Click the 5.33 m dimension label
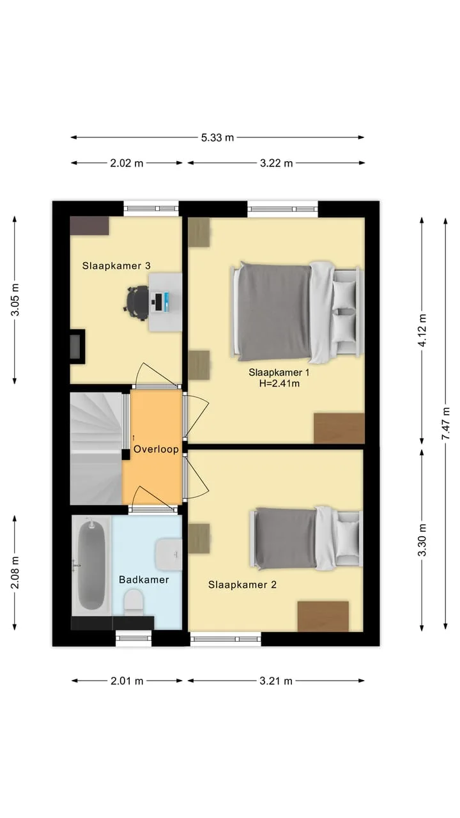pos(217,137)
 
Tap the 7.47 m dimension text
pos(446,424)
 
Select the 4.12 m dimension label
pos(422,330)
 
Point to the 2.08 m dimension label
pos(15,573)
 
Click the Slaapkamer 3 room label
pos(116,266)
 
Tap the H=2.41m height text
pos(279,383)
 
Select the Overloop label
pos(156,449)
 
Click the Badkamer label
pos(144,580)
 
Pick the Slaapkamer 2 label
pos(242,585)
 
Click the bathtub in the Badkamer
pos(91,566)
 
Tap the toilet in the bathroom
pos(134,603)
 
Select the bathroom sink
pos(169,554)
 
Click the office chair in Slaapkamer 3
pos(137,303)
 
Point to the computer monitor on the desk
pos(158,302)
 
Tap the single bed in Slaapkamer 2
pos(306,538)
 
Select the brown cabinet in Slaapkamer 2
pos(323,616)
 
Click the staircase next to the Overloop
pos(96,449)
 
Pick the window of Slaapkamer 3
pos(151,208)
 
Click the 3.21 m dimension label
pos(276,681)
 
